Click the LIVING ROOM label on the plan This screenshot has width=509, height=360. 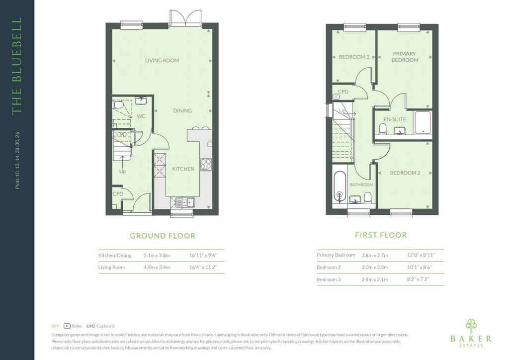(x=162, y=60)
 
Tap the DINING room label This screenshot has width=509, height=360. (x=182, y=111)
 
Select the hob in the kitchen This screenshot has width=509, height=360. (x=206, y=164)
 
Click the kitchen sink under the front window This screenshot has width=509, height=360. (x=184, y=202)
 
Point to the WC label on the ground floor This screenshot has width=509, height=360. (x=141, y=116)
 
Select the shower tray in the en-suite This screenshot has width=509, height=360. (x=423, y=123)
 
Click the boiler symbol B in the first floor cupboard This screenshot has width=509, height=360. (x=336, y=97)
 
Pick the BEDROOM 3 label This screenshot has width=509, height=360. (x=354, y=57)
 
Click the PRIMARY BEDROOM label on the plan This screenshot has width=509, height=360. (x=405, y=57)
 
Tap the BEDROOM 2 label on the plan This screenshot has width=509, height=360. (x=405, y=173)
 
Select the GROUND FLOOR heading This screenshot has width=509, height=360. (x=163, y=236)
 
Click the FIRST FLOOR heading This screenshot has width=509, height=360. (x=381, y=235)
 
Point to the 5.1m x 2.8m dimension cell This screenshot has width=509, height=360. (x=157, y=256)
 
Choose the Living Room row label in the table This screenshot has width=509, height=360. (x=111, y=267)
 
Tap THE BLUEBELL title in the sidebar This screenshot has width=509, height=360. (x=16, y=66)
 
